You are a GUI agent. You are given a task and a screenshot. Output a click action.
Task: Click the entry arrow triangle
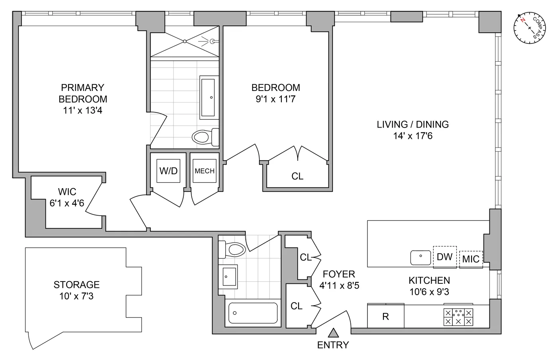coord(333,333)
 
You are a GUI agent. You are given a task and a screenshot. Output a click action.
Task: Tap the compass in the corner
coord(530,28)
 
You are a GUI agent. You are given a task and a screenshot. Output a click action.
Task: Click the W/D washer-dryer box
coord(168,171)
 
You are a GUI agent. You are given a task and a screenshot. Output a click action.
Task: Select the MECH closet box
coord(204,171)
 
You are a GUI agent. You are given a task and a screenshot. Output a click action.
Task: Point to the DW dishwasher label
coord(445,257)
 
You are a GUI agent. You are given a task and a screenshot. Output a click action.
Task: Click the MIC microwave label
coord(471,259)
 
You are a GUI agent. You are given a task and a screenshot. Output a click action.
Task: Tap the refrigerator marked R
coord(386,316)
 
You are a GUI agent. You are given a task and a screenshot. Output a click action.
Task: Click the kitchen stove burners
coord(458,317)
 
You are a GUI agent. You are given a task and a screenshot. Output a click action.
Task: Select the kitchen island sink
coord(420,258)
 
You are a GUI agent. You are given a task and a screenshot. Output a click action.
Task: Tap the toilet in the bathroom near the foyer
coord(232,249)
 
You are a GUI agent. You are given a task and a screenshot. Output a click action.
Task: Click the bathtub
coord(253,313)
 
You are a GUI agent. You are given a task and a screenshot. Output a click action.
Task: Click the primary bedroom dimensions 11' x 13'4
coord(83,110)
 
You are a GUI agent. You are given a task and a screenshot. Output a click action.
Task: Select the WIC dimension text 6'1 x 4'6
coord(67,203)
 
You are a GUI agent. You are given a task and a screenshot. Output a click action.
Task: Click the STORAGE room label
coord(77,285)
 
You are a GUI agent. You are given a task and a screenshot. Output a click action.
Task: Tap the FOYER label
coord(339,274)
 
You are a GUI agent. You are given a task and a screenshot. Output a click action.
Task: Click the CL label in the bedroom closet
coord(297,176)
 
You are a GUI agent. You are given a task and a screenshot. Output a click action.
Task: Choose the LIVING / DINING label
coord(413,124)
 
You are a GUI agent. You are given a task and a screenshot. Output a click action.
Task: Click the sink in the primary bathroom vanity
coord(208,98)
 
